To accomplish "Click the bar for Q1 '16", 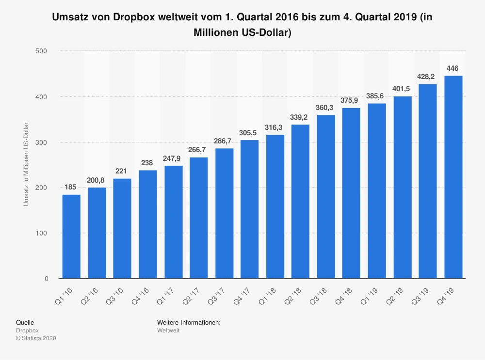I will click(71, 236).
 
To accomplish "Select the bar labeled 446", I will click(453, 177).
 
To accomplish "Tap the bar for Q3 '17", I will click(225, 213).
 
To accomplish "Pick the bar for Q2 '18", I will click(301, 202).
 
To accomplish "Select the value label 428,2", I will click(428, 77).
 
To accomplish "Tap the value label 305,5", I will click(250, 133).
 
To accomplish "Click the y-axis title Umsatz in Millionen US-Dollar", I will click(26, 164).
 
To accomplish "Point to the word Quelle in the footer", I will click(25, 322).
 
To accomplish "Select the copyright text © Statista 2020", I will click(36, 338).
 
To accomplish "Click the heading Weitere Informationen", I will click(189, 322).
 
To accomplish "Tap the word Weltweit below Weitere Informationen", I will click(168, 330).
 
